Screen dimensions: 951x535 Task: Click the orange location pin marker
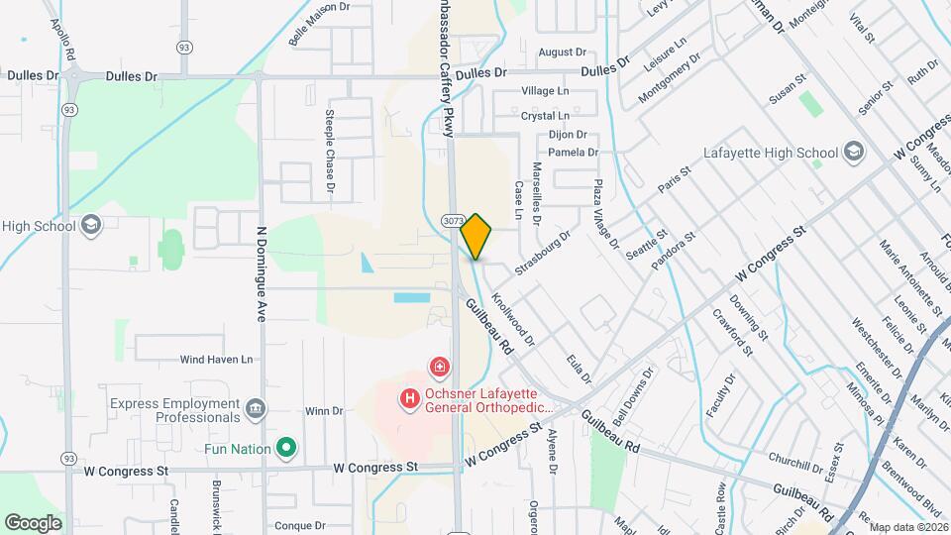(475, 236)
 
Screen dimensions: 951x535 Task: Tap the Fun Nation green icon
(286, 449)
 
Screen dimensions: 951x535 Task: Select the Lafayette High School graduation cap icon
(854, 154)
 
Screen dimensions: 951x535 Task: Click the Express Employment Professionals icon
(256, 407)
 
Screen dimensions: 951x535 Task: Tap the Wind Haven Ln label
(217, 359)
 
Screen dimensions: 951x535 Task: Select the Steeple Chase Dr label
(330, 150)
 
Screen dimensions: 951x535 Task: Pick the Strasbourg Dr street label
(543, 253)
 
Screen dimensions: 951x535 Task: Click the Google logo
(33, 522)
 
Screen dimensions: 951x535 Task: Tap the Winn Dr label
(324, 411)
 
